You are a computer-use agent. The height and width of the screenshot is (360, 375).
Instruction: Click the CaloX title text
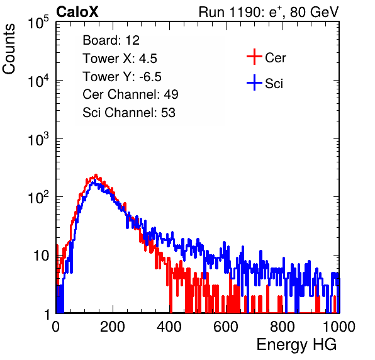pyautogui.click(x=77, y=12)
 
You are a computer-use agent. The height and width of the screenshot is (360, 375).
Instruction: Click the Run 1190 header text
pyautogui.click(x=269, y=12)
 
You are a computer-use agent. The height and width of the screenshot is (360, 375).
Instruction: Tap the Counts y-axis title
pyautogui.click(x=9, y=49)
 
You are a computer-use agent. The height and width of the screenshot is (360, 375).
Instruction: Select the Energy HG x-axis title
pyautogui.click(x=296, y=345)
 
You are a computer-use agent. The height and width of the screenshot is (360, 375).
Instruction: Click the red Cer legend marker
pyautogui.click(x=254, y=57)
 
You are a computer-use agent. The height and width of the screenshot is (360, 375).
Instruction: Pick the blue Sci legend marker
pyautogui.click(x=254, y=83)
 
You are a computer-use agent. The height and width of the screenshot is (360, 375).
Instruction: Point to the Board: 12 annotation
pyautogui.click(x=111, y=40)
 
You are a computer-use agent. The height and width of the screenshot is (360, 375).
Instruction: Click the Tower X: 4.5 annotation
pyautogui.click(x=120, y=59)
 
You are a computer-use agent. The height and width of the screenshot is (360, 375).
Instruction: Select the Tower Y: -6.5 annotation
pyautogui.click(x=122, y=77)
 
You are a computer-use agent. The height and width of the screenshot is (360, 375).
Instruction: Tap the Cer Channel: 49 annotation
pyautogui.click(x=130, y=94)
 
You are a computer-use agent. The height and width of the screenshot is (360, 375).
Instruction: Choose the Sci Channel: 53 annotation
pyautogui.click(x=129, y=113)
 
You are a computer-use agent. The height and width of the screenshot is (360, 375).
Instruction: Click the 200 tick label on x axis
pyautogui.click(x=113, y=327)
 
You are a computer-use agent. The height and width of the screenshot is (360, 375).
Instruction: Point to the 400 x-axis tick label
pyautogui.click(x=169, y=327)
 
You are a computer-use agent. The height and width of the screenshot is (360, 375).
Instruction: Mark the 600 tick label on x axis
pyautogui.click(x=226, y=327)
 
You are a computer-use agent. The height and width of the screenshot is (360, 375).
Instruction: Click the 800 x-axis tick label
pyautogui.click(x=283, y=327)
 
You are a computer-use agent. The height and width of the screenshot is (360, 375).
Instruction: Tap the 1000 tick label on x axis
pyautogui.click(x=339, y=327)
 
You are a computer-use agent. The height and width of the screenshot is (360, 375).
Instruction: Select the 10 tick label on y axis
pyautogui.click(x=41, y=256)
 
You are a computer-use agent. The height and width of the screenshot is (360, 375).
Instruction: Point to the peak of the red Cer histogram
pyautogui.click(x=96, y=175)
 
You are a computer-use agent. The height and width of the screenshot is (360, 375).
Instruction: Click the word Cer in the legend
pyautogui.click(x=275, y=58)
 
